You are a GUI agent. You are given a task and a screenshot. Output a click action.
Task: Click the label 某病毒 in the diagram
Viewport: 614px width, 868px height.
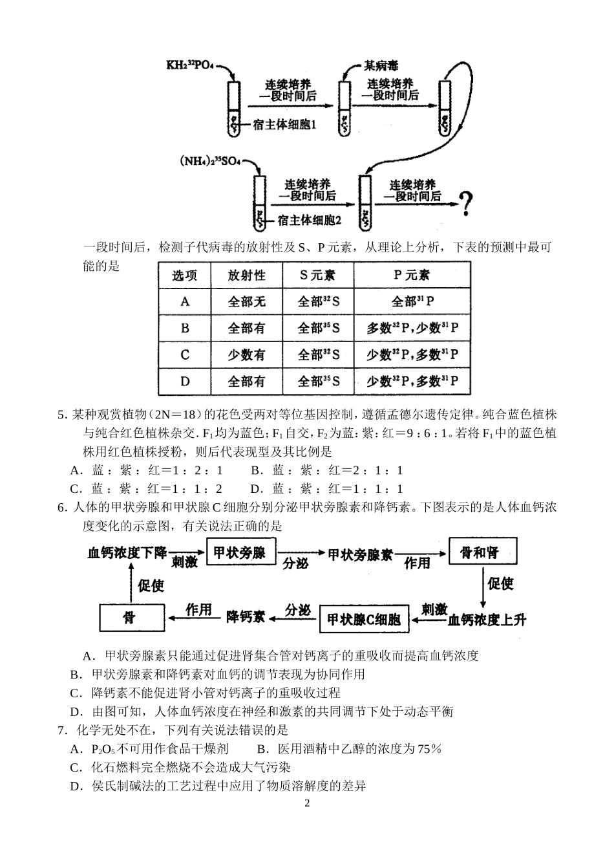pos(381,65)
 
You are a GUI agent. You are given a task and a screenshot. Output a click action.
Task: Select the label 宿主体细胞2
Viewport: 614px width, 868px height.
pos(309,221)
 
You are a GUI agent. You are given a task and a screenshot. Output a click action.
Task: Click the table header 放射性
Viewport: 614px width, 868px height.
pos(246,275)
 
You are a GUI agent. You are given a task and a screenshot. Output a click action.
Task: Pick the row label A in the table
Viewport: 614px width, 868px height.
pos(185,301)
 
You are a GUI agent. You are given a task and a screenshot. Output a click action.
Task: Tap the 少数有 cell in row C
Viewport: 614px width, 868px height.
pos(246,354)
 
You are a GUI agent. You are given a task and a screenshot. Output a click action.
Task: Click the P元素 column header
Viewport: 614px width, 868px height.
pos(412,275)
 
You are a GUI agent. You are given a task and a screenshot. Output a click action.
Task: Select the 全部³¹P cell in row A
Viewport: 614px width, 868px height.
pos(412,301)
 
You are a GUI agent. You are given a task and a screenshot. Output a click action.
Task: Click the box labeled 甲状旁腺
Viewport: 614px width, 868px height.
pos(240,553)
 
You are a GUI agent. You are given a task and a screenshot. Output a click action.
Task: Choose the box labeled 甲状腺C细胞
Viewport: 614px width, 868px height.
pos(364,619)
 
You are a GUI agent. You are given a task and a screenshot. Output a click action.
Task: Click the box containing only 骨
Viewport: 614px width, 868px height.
pos(129,618)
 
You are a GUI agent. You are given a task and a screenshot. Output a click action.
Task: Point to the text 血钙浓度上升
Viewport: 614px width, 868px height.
pos(487,620)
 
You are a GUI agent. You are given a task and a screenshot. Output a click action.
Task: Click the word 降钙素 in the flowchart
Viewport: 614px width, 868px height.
pos(246,617)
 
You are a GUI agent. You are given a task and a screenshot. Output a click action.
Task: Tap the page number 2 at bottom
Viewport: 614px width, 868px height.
pos(307,804)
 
